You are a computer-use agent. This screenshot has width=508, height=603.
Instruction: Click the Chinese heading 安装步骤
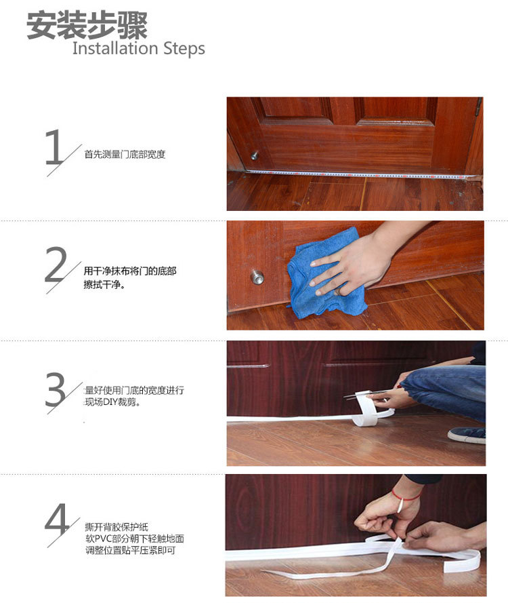pyautogui.click(x=87, y=25)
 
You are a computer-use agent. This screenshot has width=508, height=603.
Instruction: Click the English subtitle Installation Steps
pyautogui.click(x=138, y=49)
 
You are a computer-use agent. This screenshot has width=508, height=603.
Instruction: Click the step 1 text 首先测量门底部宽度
pyautogui.click(x=125, y=155)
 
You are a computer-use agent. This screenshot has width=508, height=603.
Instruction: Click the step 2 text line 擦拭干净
pyautogui.click(x=104, y=285)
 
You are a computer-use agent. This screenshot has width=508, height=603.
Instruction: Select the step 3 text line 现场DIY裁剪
pyautogui.click(x=112, y=403)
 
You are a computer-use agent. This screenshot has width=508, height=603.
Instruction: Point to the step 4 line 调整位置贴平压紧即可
pyautogui.click(x=129, y=551)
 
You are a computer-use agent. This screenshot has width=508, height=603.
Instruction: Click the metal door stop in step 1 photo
pyautogui.click(x=255, y=155)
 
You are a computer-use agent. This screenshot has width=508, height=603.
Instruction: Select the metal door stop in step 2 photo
pyautogui.click(x=257, y=276)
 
